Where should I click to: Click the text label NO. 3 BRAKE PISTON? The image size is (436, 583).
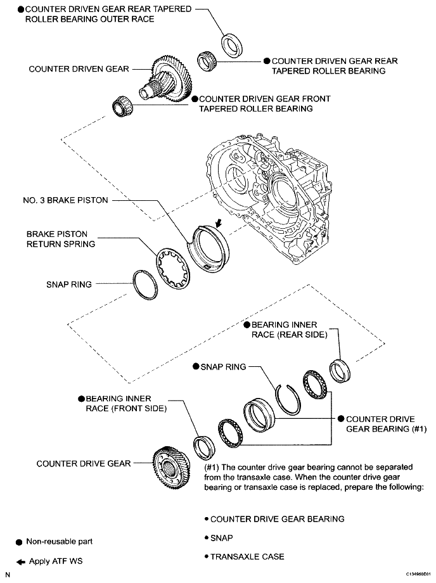coord(61,200)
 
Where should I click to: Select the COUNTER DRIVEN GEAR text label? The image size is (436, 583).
coord(79,68)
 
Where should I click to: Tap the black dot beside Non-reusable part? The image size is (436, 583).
coord(19,542)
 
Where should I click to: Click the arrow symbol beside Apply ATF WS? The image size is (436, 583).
coord(19,561)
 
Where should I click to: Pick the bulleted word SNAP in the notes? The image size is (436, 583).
coord(222,538)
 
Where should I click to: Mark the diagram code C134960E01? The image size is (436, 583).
coord(414,575)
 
